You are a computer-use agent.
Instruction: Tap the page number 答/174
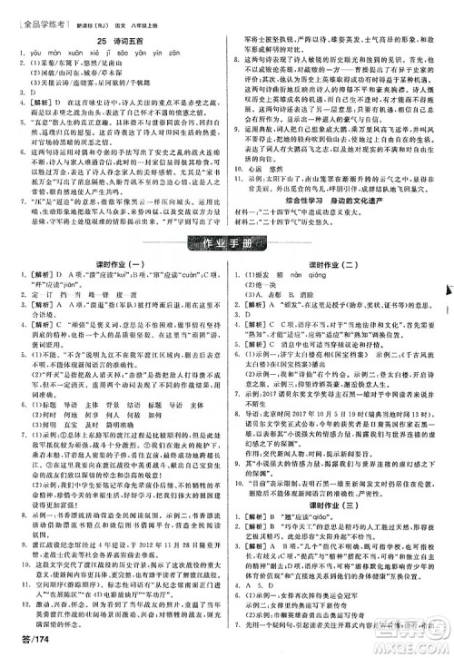click(x=26, y=642)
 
